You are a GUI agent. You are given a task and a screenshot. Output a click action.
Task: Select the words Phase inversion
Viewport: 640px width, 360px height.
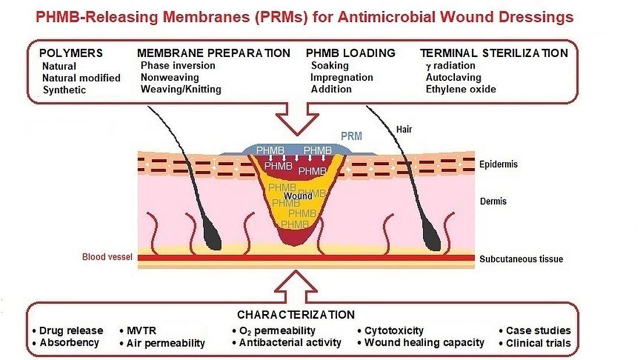click(177, 65)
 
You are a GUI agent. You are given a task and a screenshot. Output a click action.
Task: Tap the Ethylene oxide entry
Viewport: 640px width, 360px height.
click(461, 89)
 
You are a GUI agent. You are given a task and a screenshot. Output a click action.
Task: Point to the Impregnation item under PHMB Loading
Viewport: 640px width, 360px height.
click(342, 77)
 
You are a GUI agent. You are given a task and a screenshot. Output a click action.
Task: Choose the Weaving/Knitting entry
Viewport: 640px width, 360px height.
click(180, 89)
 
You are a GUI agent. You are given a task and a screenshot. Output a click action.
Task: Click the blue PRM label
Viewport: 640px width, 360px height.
click(351, 136)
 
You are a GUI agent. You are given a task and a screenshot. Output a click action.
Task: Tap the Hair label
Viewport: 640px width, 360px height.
click(403, 129)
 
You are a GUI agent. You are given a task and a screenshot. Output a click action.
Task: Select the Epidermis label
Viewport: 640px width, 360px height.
click(498, 164)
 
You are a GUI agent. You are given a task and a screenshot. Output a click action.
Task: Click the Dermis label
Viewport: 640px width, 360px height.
click(493, 201)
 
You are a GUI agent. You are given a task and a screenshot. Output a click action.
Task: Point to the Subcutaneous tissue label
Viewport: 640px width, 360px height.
click(521, 259)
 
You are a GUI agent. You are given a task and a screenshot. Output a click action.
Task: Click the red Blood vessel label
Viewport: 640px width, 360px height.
click(107, 256)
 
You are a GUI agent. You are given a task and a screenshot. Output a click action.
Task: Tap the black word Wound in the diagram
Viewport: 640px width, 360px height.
click(298, 196)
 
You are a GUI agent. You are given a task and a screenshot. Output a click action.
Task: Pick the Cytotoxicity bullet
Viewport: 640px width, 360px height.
click(394, 330)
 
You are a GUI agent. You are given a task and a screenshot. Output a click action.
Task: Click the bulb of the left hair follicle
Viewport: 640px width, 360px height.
click(212, 236)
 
